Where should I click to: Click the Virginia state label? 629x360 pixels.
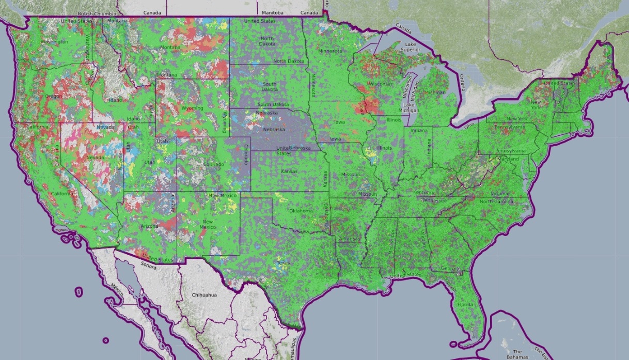point(499,193)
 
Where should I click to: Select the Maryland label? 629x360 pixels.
point(509,159)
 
